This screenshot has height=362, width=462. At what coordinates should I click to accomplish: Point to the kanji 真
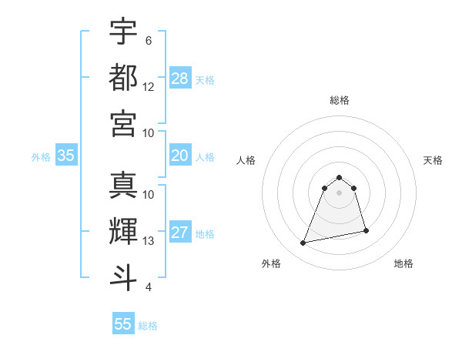(123, 185)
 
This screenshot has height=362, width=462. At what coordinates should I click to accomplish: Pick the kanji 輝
(123, 231)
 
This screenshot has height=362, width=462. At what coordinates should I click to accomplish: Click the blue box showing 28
(180, 78)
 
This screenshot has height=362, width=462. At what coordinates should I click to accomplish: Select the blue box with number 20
(180, 156)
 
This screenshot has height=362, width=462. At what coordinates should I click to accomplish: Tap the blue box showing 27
(180, 233)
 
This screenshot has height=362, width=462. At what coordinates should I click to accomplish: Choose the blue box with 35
(66, 156)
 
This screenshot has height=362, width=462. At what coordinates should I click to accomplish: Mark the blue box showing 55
(123, 324)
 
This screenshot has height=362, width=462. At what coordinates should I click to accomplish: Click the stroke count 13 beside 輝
(149, 241)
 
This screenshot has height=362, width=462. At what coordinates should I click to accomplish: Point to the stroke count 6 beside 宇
(148, 40)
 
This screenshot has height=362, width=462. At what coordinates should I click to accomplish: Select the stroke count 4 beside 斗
(148, 287)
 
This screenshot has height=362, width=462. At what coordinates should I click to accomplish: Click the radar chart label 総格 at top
(340, 100)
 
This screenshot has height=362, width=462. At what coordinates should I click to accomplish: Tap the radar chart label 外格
(271, 263)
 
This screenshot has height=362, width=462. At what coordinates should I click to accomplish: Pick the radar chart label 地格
(403, 263)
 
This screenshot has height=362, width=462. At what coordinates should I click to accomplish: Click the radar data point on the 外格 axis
(303, 243)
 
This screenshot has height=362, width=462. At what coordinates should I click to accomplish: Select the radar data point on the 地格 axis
(366, 231)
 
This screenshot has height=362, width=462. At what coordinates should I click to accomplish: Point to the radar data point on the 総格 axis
(340, 176)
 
